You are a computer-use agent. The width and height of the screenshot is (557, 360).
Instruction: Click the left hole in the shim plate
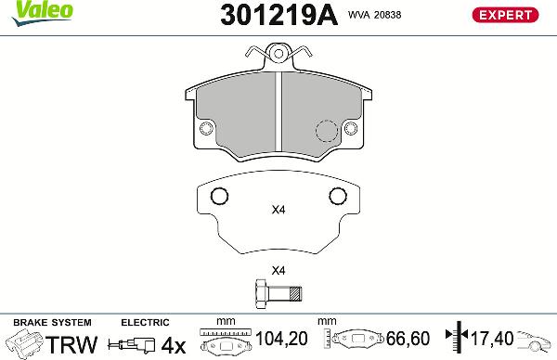[x=220, y=196]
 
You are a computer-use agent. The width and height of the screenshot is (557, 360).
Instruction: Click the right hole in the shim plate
[x=337, y=196]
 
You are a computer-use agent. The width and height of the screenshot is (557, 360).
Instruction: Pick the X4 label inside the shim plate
[x=278, y=210]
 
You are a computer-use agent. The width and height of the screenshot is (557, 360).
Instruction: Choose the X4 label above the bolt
[x=278, y=271]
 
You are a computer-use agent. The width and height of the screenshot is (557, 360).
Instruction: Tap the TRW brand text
[x=72, y=344]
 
